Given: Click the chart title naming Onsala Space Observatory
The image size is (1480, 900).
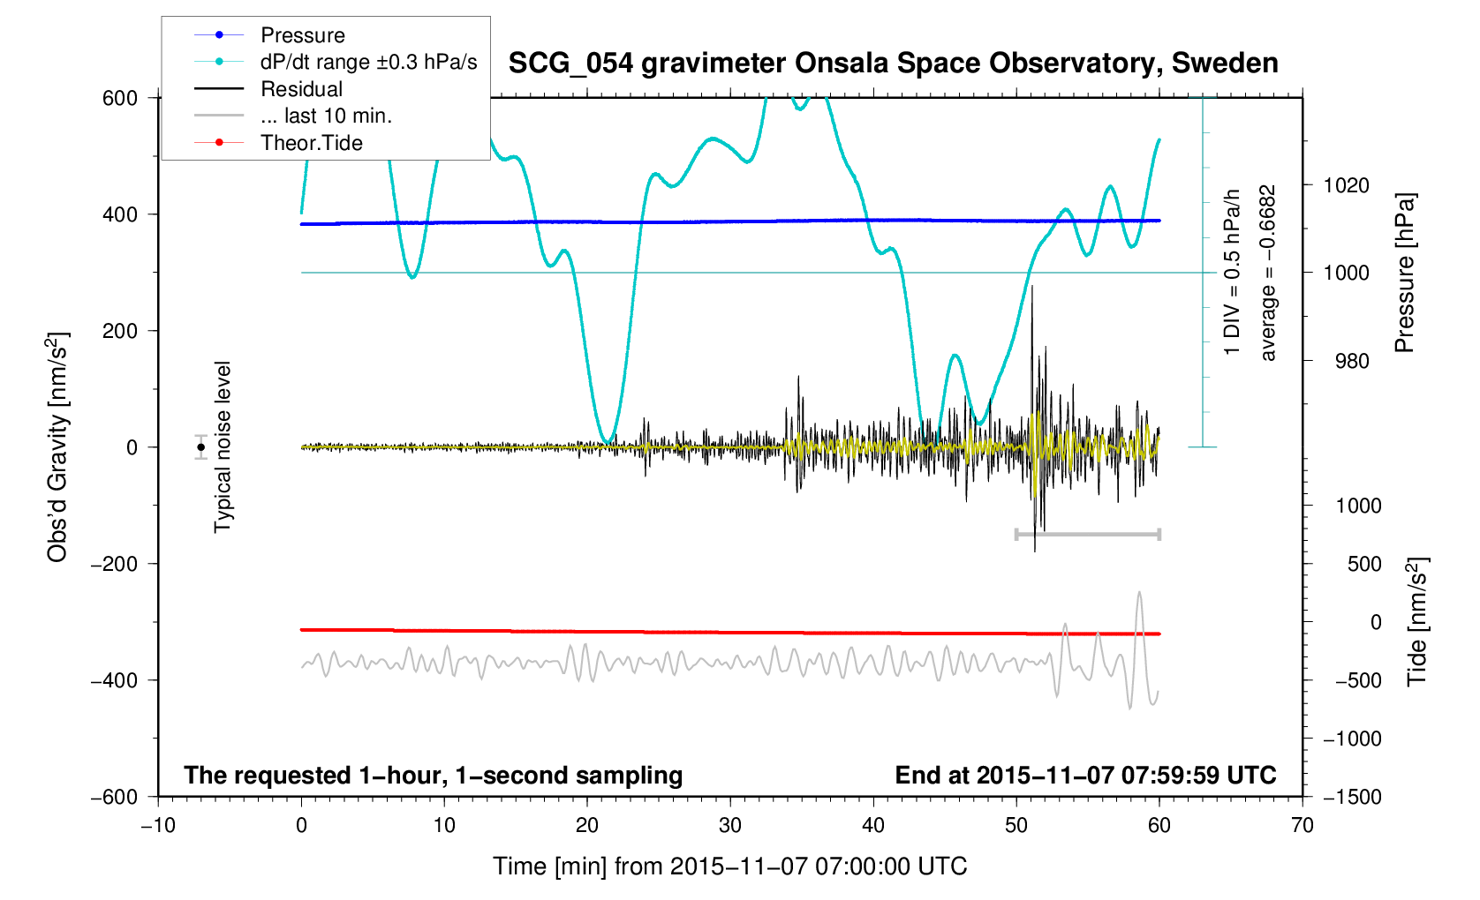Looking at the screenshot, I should coord(893,64).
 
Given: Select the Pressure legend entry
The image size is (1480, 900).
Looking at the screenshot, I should coord(302,35).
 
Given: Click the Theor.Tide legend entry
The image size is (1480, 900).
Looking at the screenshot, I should coord(311,143).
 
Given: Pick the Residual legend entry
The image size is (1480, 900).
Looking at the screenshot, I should coord(301,89).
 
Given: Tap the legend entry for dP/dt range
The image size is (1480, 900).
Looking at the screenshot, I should coord(368,62).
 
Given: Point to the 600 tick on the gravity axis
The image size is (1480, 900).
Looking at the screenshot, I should coord(120,98).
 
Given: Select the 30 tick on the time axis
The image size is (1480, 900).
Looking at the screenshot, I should coord(730,825).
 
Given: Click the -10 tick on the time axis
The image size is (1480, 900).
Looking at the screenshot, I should coord(158,825).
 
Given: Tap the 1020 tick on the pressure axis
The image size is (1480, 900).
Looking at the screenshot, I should coord(1346,185).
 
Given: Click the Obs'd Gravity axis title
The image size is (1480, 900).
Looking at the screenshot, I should coord(57,447).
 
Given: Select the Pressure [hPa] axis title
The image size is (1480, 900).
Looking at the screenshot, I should coord(1405,274).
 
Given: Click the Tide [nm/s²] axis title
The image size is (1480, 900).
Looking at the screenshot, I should coord(1417,622).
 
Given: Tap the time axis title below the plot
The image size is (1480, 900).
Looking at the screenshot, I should coord(730,866).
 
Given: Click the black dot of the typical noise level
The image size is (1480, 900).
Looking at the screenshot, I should coord(201,447).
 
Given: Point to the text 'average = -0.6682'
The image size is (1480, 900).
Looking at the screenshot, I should coord(1268,273).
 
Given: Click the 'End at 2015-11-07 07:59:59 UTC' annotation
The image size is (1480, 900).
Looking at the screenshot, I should coord(1085,776).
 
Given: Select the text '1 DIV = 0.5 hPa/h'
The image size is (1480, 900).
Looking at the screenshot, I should coord(1232,273).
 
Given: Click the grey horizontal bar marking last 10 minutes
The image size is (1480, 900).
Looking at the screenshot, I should coord(1087,535).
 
